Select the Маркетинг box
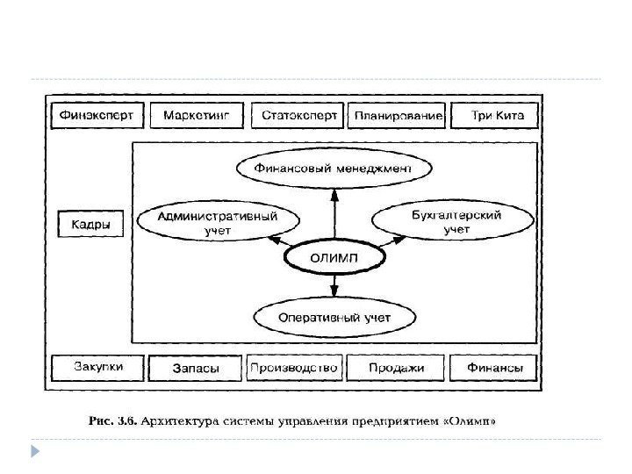point(197,116)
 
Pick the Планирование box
point(398,116)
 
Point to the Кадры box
point(90,224)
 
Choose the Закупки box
point(97,368)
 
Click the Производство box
point(293,369)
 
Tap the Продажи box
point(396,369)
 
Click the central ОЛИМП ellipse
point(335,257)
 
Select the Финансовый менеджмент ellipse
point(335,166)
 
